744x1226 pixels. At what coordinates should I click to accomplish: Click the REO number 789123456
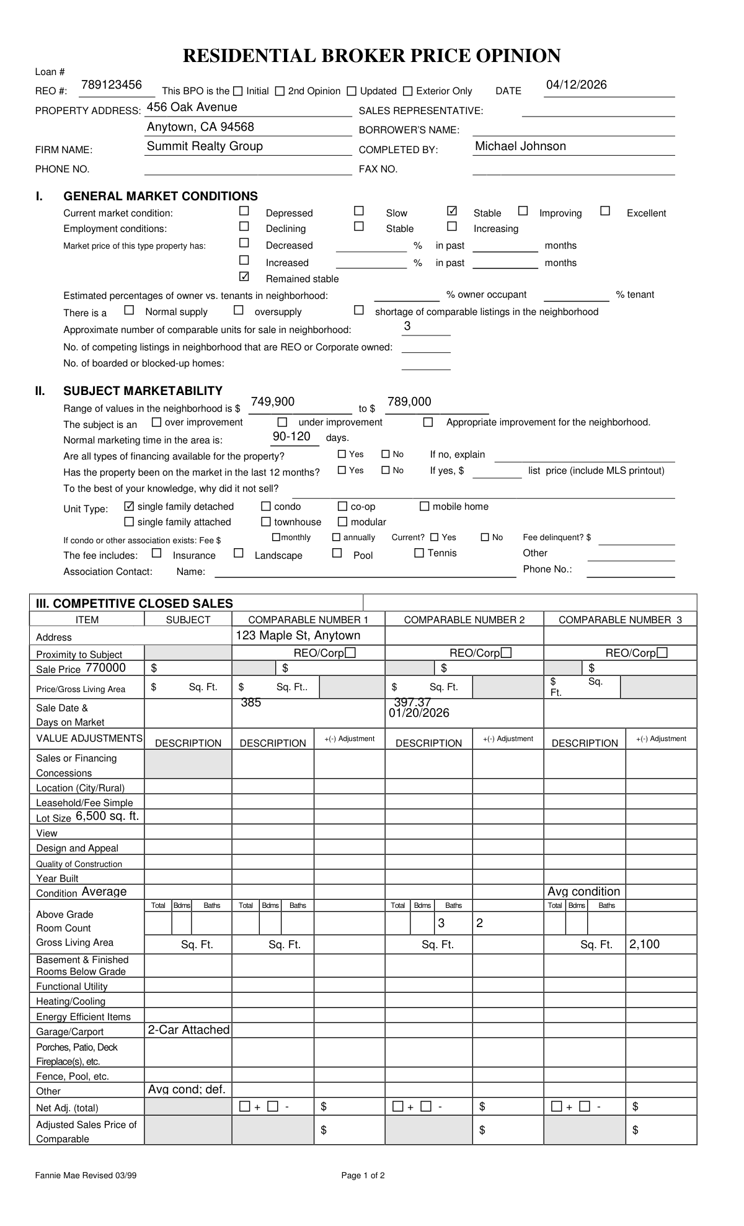pos(112,85)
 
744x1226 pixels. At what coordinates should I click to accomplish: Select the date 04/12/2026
pos(576,85)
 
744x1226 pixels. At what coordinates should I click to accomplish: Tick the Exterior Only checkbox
pos(407,91)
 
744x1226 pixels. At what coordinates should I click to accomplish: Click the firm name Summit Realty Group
pos(205,146)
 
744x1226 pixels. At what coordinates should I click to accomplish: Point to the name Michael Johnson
pos(520,146)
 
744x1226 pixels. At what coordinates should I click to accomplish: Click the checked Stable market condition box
pos(452,211)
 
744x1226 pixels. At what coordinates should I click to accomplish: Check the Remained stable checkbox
pos(244,277)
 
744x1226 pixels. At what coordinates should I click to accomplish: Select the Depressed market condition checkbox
pos(244,211)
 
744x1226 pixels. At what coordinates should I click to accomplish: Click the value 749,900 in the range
pos(273,402)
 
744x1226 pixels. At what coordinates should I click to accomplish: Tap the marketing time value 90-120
pos(291,437)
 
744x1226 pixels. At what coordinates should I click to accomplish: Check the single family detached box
pos(130,506)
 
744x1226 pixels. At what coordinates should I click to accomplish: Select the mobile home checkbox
pos(425,506)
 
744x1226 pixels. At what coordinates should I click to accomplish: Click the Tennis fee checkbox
pos(419,553)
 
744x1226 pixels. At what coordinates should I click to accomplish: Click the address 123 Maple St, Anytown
pos(298,636)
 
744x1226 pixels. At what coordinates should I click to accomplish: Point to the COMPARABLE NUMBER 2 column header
pos(464,620)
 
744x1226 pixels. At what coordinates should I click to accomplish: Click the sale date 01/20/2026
pos(419,713)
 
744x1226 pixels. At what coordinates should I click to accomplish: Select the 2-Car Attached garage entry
pos(188,1030)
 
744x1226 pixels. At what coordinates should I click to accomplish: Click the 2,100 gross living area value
pos(644,944)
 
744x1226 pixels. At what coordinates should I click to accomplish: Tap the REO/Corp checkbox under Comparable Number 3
pos(662,653)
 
